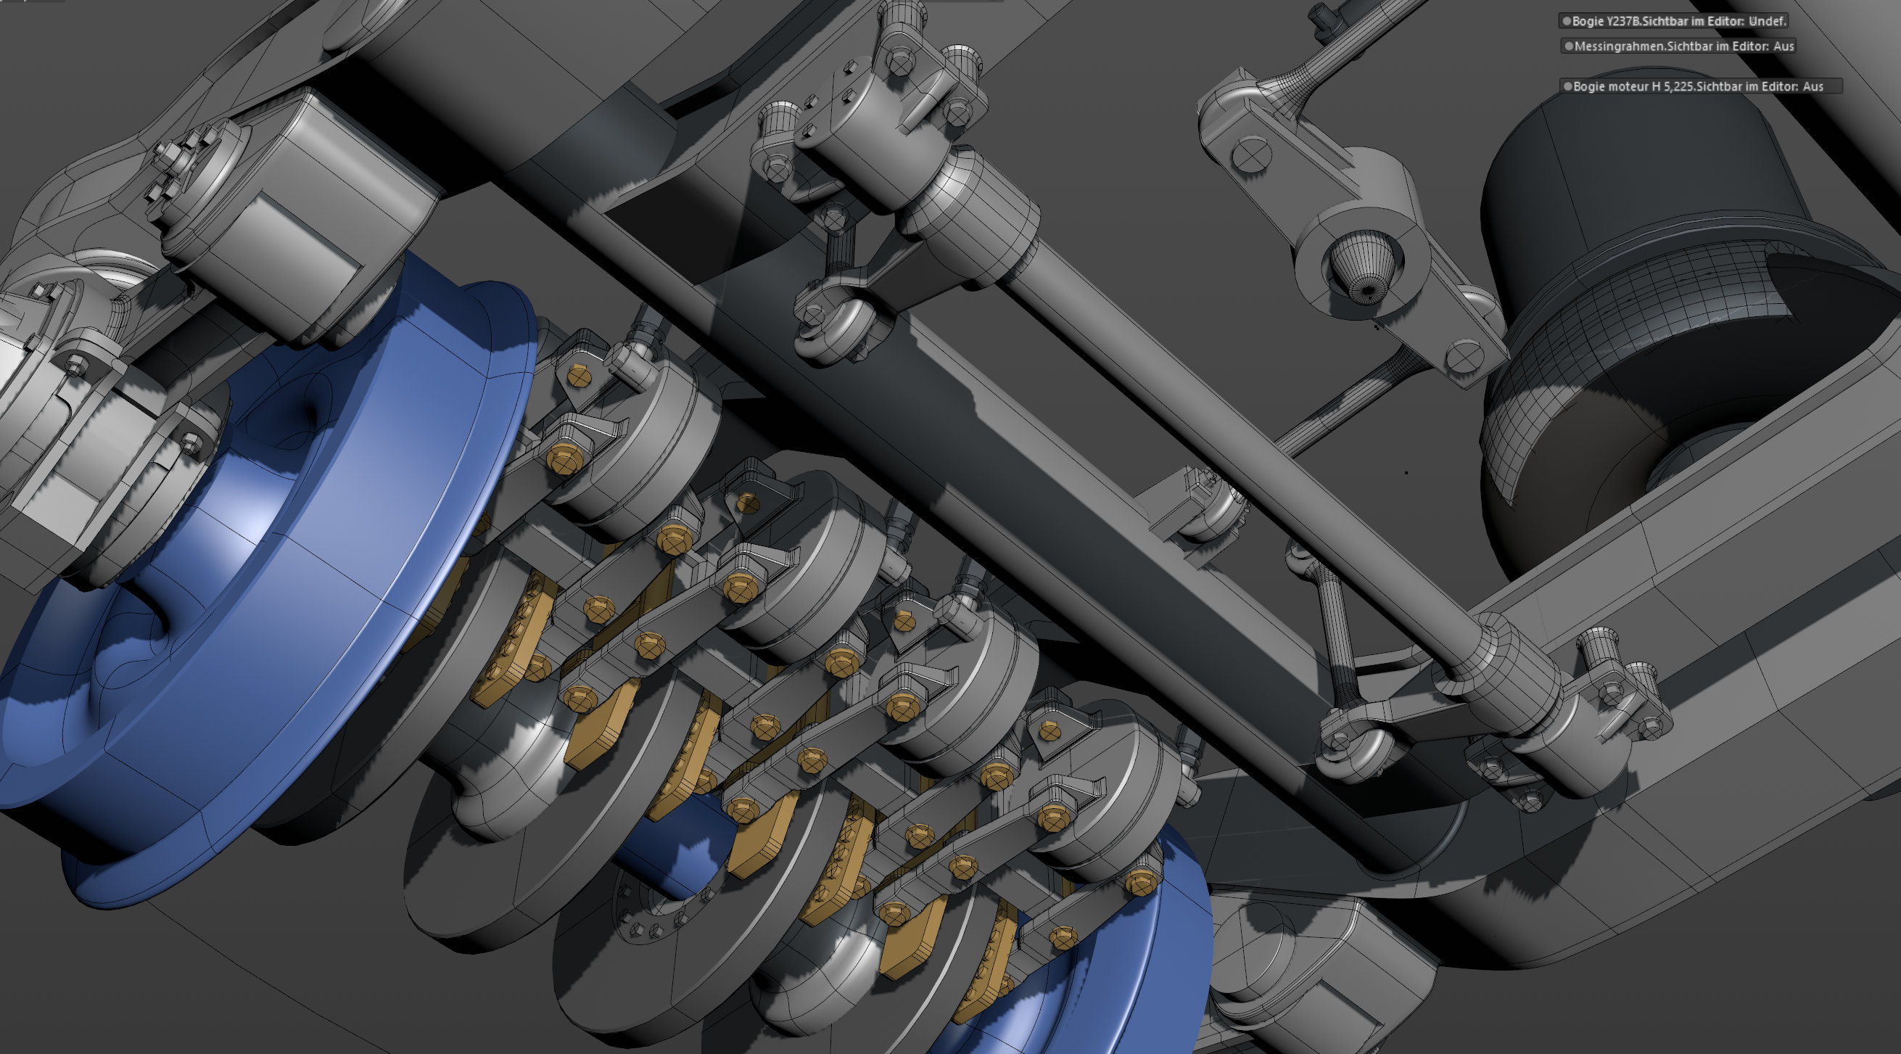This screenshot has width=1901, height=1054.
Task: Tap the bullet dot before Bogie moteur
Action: pyautogui.click(x=1567, y=86)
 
